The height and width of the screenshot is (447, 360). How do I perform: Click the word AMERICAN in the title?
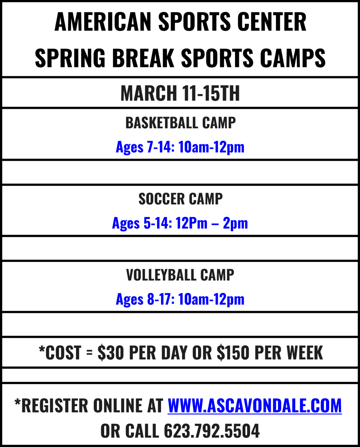[x=103, y=22]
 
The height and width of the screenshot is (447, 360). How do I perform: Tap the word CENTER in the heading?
[x=272, y=22]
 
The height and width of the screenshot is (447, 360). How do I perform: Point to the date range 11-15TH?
[x=211, y=93]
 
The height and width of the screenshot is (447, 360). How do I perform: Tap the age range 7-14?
[x=159, y=147]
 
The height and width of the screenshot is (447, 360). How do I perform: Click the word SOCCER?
[x=161, y=199]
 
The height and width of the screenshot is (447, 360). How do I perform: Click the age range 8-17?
[x=160, y=299]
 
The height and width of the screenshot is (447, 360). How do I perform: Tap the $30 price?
[x=111, y=352]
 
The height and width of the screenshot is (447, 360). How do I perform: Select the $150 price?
[x=233, y=352]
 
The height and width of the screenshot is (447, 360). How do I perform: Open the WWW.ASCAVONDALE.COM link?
[x=255, y=406]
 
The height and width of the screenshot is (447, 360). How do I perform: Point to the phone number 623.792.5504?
[x=212, y=431]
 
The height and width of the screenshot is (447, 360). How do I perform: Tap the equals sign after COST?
[x=89, y=352]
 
